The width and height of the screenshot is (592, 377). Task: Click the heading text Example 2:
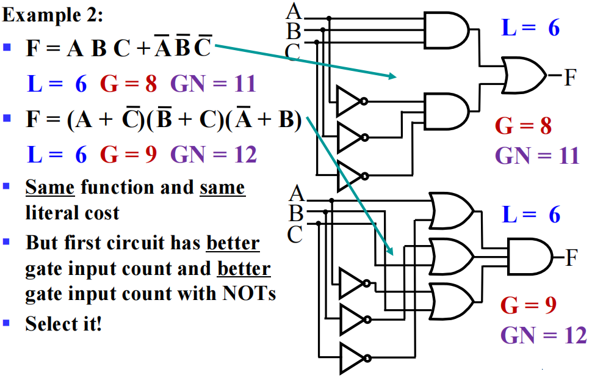[52, 15]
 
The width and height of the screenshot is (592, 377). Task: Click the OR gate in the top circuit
[524, 75]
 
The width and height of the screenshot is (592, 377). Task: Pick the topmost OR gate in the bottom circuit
[452, 211]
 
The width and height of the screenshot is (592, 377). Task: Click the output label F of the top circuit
[570, 77]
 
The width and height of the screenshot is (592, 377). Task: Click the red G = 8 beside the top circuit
[523, 126]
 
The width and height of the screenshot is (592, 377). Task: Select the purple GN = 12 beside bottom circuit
[543, 335]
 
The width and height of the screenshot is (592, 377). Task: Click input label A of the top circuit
[294, 11]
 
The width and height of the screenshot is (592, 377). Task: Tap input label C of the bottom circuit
[295, 235]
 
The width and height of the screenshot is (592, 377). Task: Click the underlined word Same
[50, 187]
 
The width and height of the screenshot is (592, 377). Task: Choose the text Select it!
[63, 324]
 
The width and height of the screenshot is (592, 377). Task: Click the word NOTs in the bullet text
[249, 293]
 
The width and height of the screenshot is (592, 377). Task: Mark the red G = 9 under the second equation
[128, 155]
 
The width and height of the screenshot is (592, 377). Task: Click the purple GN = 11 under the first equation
[214, 84]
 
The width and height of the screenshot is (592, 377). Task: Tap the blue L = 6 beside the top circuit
[530, 27]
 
